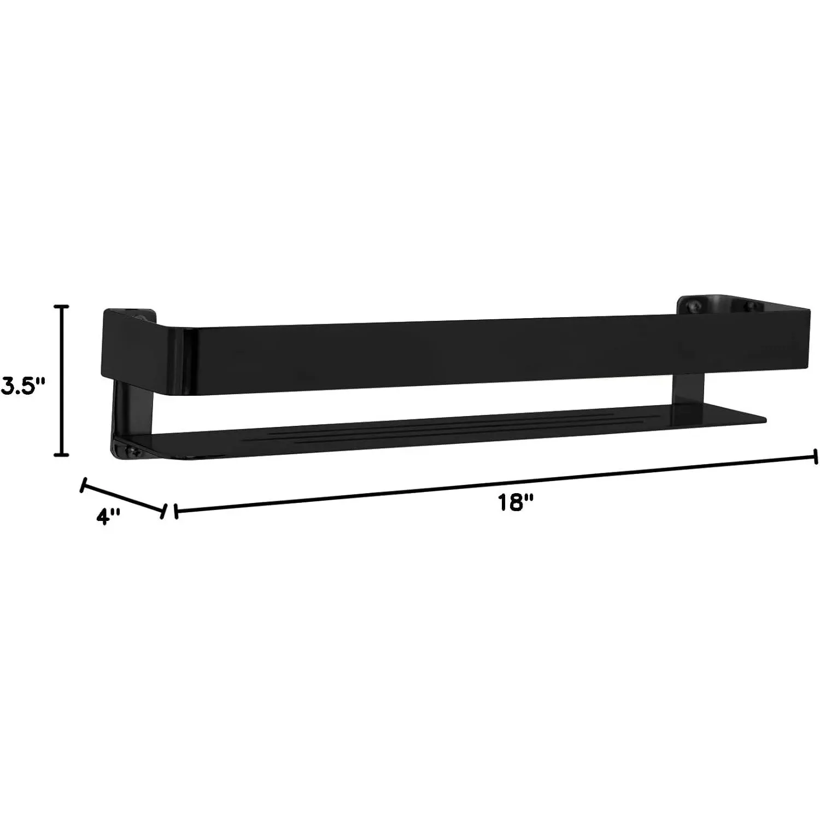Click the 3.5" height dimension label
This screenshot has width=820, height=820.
tap(22, 385)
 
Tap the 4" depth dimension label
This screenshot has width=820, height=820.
tap(108, 516)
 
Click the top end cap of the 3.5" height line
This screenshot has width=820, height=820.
tap(64, 307)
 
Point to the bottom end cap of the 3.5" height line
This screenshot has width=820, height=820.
tap(64, 453)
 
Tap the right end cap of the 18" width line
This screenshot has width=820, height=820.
tap(816, 457)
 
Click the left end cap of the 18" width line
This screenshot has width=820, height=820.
tap(175, 512)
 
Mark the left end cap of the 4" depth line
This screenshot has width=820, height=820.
tap(84, 485)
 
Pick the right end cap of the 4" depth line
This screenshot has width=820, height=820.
tap(163, 512)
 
